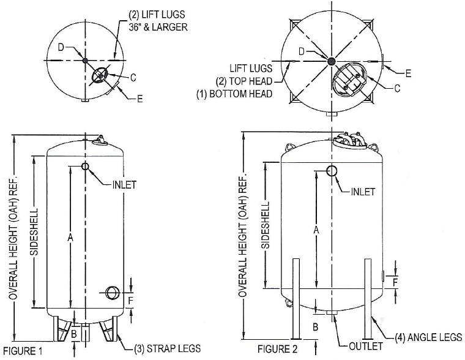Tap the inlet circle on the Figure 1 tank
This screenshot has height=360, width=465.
tap(85, 167)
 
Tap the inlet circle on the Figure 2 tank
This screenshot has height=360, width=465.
tap(332, 171)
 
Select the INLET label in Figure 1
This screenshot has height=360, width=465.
tap(125, 184)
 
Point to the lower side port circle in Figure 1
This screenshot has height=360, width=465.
tap(111, 293)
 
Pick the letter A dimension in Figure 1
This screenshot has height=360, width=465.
tap(70, 237)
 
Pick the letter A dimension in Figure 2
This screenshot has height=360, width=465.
tap(316, 230)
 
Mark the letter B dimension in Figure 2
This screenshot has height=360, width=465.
tap(316, 327)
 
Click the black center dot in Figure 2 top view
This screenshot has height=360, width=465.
tap(331, 61)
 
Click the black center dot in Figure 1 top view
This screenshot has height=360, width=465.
tap(85, 61)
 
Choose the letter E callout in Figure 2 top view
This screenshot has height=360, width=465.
tap(408, 73)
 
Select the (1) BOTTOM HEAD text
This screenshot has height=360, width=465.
tap(234, 94)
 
